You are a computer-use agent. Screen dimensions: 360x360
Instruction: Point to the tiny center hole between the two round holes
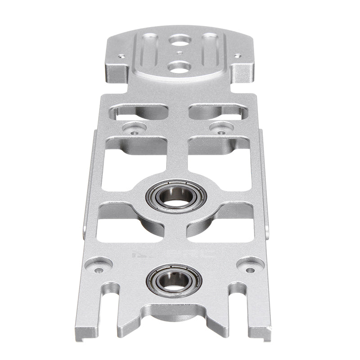coord(179,53)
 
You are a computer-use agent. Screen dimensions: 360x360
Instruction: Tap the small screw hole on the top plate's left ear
coord(121,57)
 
